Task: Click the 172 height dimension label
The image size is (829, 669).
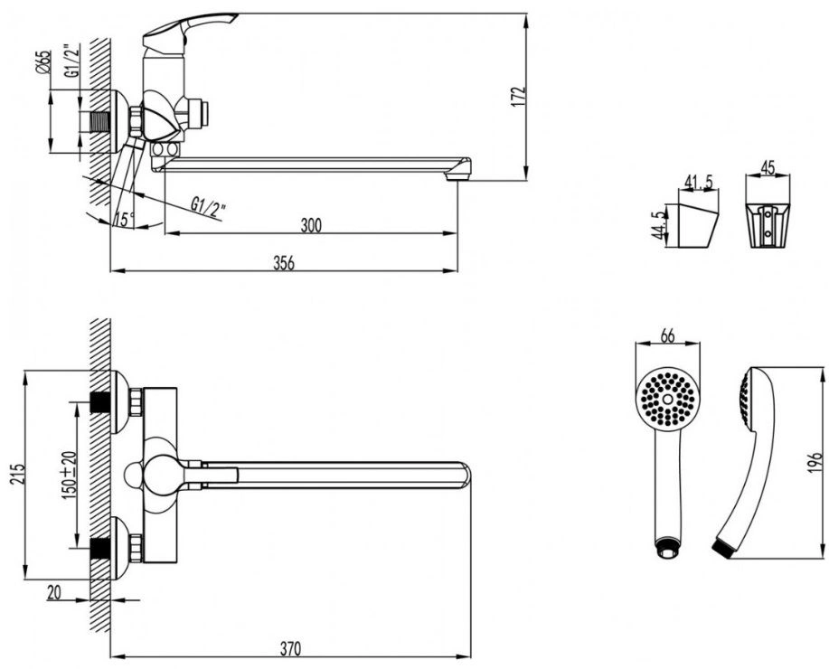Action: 517,95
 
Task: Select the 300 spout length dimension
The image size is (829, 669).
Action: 310,224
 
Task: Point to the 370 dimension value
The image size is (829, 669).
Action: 289,648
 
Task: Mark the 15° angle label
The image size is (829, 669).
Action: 123,219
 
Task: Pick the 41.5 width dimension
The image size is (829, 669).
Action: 697,184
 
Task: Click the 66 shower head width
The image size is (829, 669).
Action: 667,336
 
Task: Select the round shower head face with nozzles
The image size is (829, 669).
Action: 667,398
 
